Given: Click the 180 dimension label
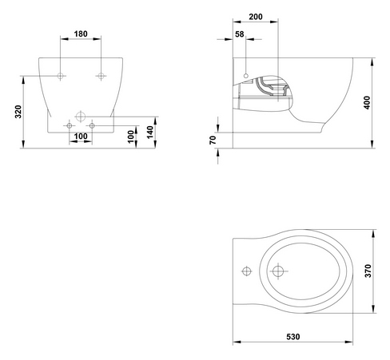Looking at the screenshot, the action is [81, 34].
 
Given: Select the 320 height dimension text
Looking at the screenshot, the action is [18, 112].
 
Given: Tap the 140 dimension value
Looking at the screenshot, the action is [150, 133].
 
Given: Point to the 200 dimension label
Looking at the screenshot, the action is [256, 17].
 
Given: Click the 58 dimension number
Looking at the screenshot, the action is [240, 34].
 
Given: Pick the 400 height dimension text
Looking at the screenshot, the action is [367, 103].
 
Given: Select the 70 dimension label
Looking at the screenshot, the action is [213, 140].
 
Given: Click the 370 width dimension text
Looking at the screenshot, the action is [368, 271].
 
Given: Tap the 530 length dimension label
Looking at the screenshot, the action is [293, 337].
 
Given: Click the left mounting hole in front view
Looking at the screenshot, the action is [61, 76].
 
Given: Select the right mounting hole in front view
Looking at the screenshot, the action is [101, 76].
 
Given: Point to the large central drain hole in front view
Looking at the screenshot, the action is [81, 117].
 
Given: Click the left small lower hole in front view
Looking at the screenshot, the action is [70, 125].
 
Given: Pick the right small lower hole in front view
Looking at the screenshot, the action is [92, 125].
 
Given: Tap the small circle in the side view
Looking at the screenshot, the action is [246, 76].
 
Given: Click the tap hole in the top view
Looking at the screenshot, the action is [247, 271].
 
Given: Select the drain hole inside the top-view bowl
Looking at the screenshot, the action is [278, 271].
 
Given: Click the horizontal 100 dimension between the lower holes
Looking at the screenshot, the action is [81, 136].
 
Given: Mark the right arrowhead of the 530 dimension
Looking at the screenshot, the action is [349, 342].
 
